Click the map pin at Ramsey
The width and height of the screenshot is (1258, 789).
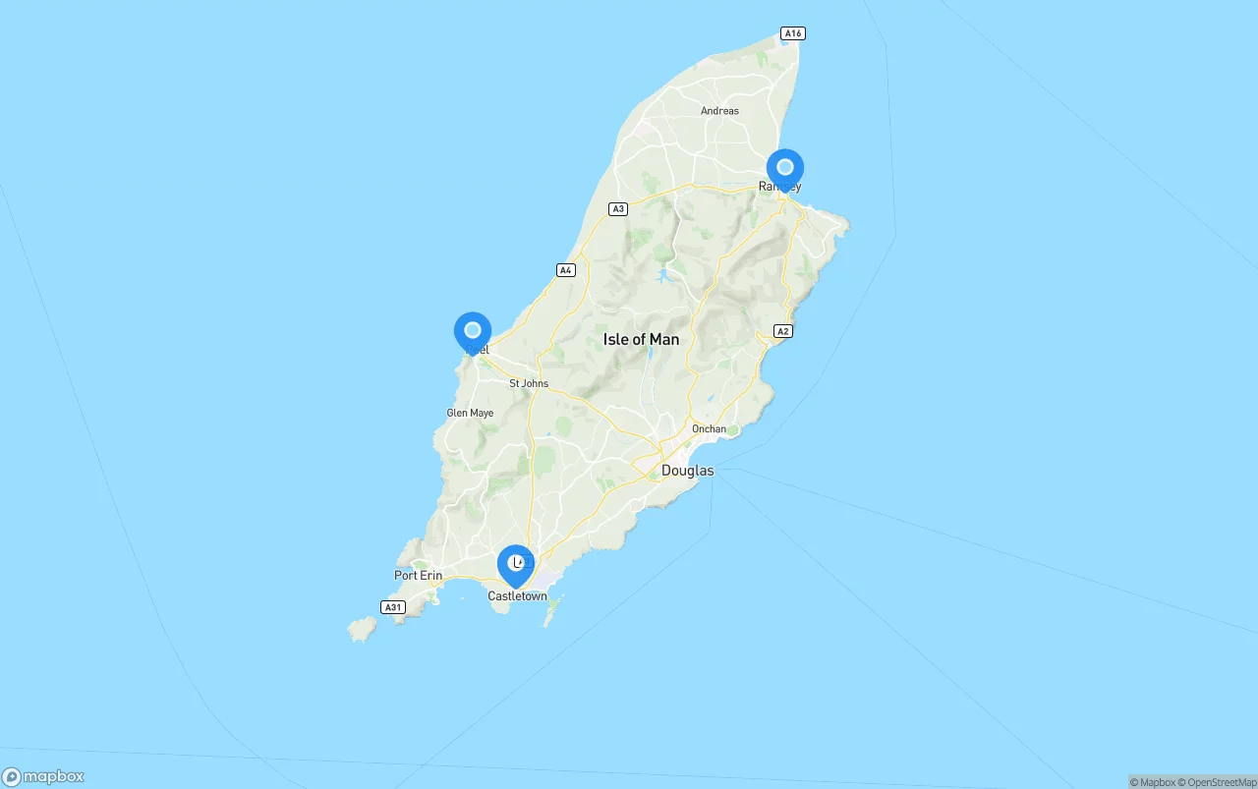784,169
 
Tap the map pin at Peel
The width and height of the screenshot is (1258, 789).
473,332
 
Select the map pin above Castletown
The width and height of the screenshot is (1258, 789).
516,565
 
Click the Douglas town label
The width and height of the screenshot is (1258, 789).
687,471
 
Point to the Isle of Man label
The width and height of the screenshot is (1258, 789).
641,339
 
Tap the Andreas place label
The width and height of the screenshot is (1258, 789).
719,111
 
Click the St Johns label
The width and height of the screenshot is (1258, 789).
529,383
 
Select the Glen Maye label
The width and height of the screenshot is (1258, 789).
470,413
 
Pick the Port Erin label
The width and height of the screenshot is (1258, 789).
418,576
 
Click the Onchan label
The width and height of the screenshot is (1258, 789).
709,428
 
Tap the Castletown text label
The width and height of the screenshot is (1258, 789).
517,596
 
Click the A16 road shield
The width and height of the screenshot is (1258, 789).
793,33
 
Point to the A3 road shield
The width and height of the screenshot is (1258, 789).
617,208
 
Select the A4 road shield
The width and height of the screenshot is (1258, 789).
565,269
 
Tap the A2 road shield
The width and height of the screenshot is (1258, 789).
782,331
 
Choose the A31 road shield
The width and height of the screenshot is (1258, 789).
393,607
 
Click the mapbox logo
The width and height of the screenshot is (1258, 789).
43,776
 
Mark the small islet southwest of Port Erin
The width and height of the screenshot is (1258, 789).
361,629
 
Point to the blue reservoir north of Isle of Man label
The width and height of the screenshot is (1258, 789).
664,274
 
